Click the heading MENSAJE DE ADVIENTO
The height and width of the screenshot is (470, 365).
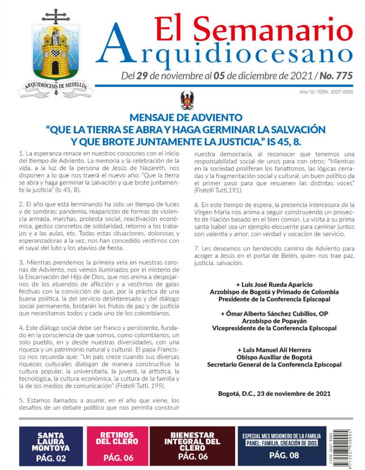(185, 118)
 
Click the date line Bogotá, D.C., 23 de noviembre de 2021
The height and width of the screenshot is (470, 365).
(274, 394)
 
